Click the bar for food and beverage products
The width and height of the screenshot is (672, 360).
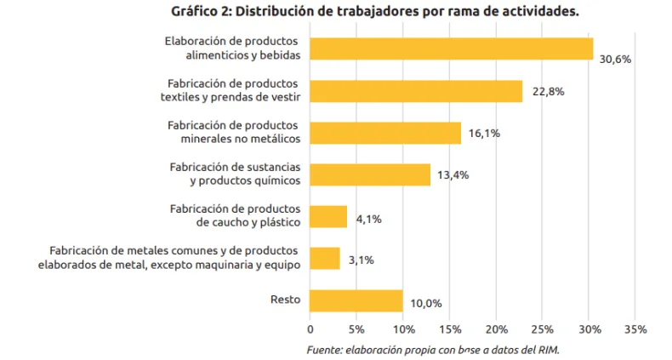pyautogui.click(x=451, y=49)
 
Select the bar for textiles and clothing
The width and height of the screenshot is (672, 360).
pyautogui.click(x=416, y=91)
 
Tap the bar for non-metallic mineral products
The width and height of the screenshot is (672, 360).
pyautogui.click(x=385, y=133)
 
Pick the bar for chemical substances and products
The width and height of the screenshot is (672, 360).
pyautogui.click(x=370, y=174)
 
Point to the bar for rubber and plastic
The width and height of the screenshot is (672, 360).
pyautogui.click(x=328, y=216)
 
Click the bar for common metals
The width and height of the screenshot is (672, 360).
pyautogui.click(x=325, y=258)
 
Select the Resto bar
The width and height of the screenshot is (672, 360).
pyautogui.click(x=356, y=300)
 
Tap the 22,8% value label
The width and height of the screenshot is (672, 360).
pyautogui.click(x=549, y=92)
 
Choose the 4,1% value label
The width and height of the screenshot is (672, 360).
pyautogui.click(x=368, y=219)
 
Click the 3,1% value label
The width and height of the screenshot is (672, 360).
pyautogui.click(x=361, y=260)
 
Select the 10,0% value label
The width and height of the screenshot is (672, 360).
pyautogui.click(x=425, y=303)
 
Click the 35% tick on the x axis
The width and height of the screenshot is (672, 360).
pyautogui.click(x=635, y=329)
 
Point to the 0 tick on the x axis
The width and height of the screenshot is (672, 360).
pyautogui.click(x=310, y=329)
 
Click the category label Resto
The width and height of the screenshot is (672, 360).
pyautogui.click(x=284, y=299)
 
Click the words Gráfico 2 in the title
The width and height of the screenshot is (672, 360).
pyautogui.click(x=202, y=12)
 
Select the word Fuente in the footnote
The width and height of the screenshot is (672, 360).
pyautogui.click(x=324, y=350)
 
